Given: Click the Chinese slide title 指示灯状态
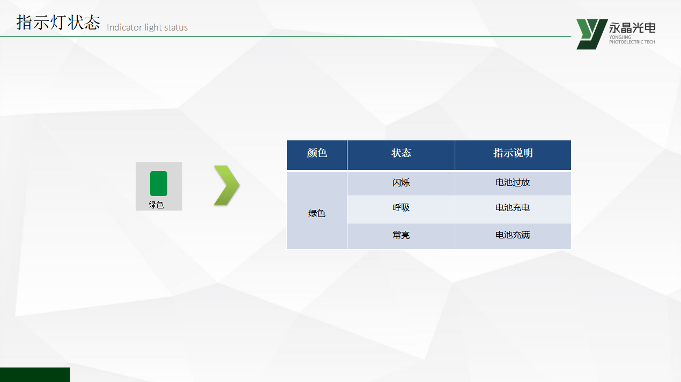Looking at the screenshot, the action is pos(58,23).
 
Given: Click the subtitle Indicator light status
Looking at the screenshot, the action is pos(147,27).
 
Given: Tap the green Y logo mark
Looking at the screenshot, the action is pos(591,34).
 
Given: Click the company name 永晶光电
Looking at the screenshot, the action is pos(632,28).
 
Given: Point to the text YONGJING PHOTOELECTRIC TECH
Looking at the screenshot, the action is pos(632,40).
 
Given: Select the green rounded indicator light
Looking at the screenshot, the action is pos(159,183).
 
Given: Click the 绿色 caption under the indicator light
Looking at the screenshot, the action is pos(156,205).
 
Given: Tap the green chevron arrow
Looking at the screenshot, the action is pos(227,185).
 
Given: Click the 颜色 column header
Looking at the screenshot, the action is pos(317,153).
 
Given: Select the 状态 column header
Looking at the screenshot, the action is pos(401,153).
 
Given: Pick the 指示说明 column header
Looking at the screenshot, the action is pos(513,153).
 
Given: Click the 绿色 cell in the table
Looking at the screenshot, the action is pos(317,213).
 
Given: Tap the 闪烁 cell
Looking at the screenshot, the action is pos(401,183).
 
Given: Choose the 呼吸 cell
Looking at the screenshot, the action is pos(401,208).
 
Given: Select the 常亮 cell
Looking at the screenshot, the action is pos(401,235).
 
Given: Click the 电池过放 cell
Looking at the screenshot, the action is pos(513,183).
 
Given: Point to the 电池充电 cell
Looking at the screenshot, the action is pos(513,208).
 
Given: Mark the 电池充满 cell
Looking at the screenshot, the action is pos(513,235).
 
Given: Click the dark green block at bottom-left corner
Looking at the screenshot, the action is pos(35,374).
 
